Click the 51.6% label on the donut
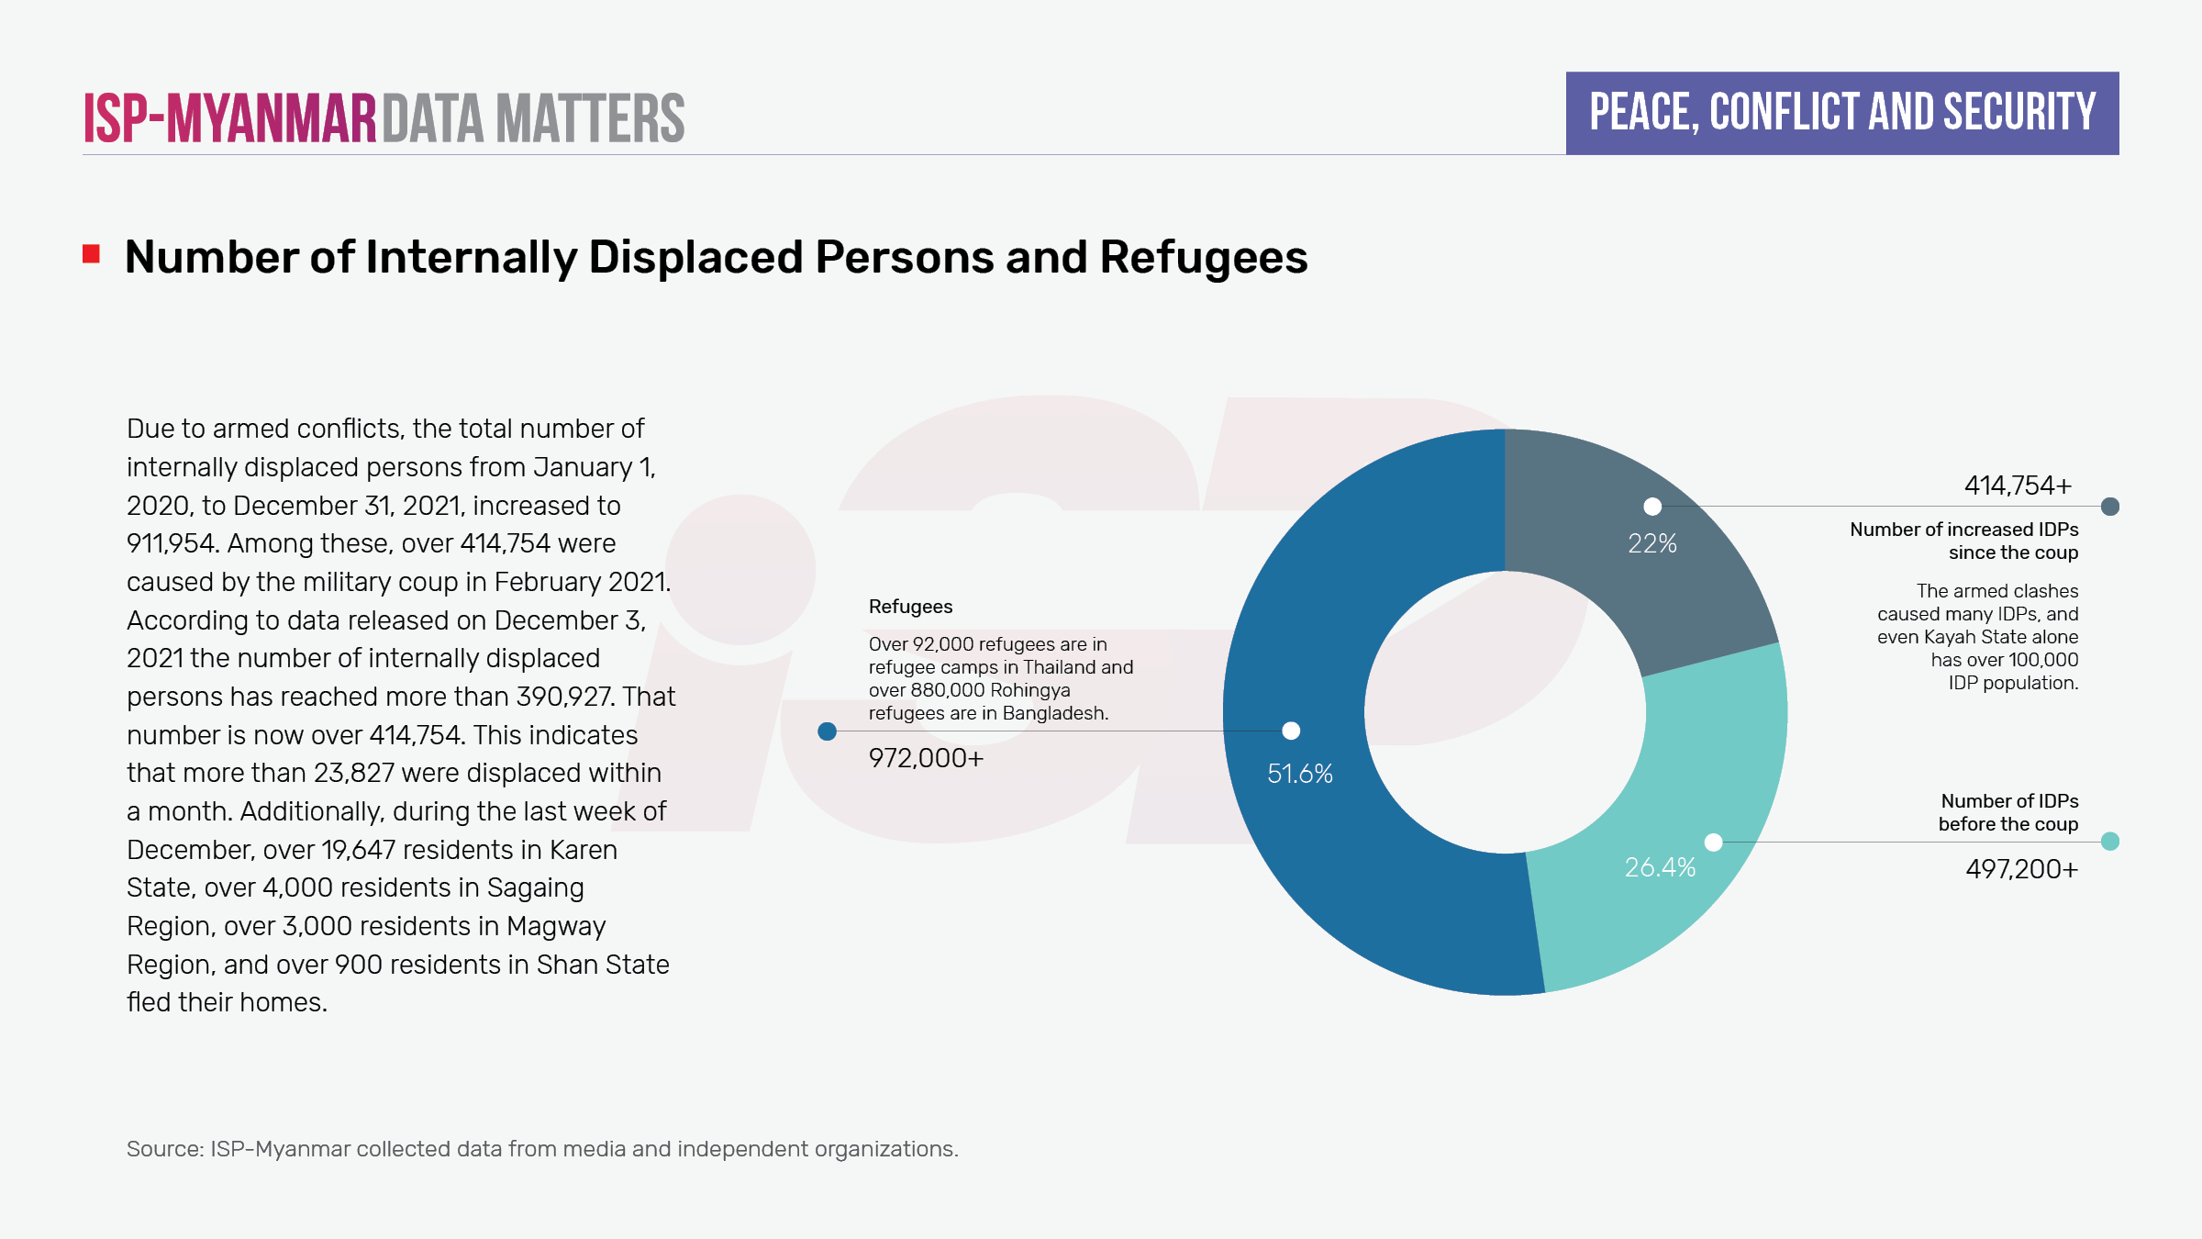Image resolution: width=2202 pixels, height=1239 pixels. pos(1299,774)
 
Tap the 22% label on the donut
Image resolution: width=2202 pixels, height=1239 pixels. pos(1651,543)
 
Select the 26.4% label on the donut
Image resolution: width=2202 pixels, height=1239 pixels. pos(1660,867)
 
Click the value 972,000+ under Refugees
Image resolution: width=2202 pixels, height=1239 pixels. pos(926,758)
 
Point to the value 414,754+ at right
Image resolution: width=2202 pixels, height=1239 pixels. pos(2018,486)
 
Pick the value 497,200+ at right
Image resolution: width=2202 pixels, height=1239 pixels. pos(2021,869)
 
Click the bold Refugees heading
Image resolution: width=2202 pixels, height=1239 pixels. pos(910,607)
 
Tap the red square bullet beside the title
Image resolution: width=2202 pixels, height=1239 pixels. pos(91,254)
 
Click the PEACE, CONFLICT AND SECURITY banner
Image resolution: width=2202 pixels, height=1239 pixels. pos(1841,113)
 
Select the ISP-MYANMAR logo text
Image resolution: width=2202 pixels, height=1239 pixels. pos(229,118)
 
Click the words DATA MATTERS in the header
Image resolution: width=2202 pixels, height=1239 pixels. pos(533,118)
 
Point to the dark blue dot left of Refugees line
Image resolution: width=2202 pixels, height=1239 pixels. pos(827,731)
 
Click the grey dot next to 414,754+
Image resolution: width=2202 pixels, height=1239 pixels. pos(2109,507)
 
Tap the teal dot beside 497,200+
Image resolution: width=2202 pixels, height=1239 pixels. pos(2109,842)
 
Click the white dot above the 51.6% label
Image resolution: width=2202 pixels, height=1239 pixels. pos(1291,731)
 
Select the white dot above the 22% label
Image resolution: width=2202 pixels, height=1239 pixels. pos(1652,507)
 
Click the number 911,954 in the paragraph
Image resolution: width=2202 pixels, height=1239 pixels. pos(172,543)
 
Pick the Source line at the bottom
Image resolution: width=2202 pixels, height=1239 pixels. pos(541,1149)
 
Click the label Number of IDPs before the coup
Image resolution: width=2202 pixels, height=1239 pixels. pos(2008,812)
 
